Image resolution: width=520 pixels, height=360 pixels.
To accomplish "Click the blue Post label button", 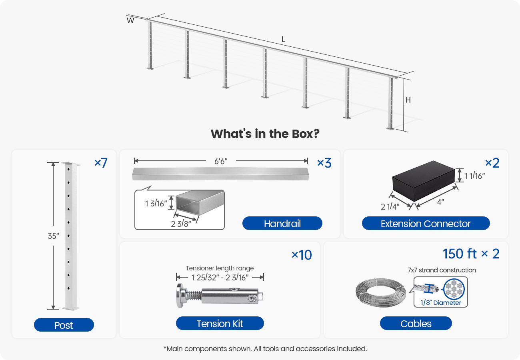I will coord(64,325).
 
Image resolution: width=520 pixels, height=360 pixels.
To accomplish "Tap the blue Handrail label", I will coord(282,223).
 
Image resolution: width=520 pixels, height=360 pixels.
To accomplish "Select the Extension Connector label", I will coord(426,223).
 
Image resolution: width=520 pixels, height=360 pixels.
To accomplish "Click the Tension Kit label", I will coord(220,323).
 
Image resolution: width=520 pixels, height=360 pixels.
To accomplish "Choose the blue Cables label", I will coord(416,323).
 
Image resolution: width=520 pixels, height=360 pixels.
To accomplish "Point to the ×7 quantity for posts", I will coord(101,163).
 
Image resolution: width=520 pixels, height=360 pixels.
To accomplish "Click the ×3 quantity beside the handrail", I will coord(324,163).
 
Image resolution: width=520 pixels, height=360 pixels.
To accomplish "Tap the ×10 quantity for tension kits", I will coord(302,255).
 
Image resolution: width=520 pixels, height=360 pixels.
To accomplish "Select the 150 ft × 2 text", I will coord(471,254).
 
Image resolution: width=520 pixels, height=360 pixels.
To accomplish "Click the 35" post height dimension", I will coord(53,236).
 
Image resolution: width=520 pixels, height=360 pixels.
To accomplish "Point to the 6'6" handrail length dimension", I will coord(221,161).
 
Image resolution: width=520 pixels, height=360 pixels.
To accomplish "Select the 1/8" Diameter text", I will coord(440,303).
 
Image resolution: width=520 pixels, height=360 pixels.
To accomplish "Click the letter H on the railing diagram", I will coord(408,100).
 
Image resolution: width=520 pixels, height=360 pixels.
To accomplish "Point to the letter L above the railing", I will coord(283,39).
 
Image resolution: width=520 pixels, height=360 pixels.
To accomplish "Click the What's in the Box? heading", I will coord(265,134).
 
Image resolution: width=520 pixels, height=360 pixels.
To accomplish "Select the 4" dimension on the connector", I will coord(440,202).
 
